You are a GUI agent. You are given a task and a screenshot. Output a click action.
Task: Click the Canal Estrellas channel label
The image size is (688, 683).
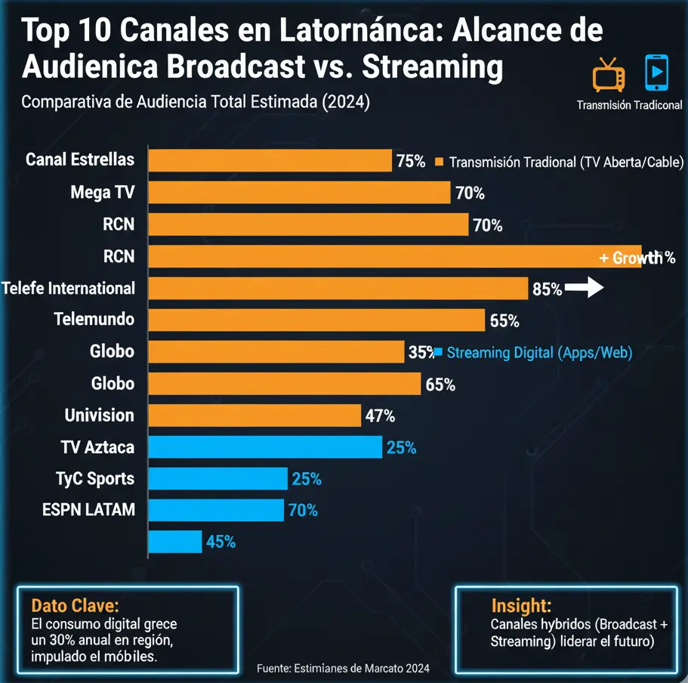79,159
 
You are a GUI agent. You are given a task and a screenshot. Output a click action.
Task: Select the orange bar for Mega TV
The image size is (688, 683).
299,193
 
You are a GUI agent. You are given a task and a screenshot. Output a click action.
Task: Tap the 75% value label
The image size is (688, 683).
410,161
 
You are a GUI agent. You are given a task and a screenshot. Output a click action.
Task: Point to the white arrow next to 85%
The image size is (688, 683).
585,288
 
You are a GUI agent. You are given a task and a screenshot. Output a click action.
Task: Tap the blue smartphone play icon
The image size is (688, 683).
656,74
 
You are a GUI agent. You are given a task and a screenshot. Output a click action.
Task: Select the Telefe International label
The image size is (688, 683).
69,288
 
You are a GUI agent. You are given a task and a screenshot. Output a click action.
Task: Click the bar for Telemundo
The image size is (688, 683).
316,320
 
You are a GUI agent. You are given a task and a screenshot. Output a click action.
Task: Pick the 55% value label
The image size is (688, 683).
504,321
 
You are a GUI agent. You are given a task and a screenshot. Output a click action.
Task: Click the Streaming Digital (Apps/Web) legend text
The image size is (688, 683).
539,352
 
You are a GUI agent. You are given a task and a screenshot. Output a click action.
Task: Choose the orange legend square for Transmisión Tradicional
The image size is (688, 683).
439,162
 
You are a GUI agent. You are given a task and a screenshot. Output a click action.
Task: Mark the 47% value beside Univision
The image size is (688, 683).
380,416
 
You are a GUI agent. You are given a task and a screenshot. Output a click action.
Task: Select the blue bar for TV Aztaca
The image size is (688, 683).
265,447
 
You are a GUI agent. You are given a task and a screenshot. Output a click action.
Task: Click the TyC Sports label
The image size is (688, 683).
95,479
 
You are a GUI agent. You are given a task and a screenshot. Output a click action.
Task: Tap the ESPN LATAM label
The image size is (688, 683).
88,510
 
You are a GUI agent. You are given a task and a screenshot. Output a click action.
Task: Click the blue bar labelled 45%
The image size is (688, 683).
175,542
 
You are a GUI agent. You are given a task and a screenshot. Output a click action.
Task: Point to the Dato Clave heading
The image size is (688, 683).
75,606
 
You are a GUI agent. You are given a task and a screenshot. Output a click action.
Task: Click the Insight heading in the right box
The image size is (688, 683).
521,605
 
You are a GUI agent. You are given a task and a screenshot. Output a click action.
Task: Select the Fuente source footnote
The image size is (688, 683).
343,668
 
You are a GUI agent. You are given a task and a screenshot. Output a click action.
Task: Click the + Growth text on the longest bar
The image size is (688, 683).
631,258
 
